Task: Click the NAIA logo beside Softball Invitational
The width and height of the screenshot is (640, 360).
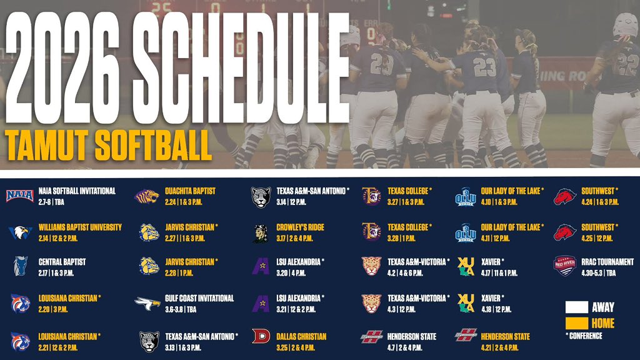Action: (19, 196)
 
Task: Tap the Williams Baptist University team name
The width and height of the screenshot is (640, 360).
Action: (80, 227)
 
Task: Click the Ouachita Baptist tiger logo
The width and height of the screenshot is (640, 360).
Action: (147, 196)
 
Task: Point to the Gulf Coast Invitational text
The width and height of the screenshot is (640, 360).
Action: (199, 299)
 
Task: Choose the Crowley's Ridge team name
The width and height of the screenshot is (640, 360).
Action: (300, 227)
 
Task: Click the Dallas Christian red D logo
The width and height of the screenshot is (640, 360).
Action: (261, 336)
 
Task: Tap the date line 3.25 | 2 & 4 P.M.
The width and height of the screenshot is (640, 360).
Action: (296, 347)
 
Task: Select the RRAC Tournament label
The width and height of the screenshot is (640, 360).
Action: (606, 262)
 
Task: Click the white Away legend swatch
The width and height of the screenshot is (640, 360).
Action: (576, 307)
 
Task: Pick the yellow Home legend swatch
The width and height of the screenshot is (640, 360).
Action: (576, 323)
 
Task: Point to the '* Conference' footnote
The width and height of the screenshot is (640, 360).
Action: (584, 336)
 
